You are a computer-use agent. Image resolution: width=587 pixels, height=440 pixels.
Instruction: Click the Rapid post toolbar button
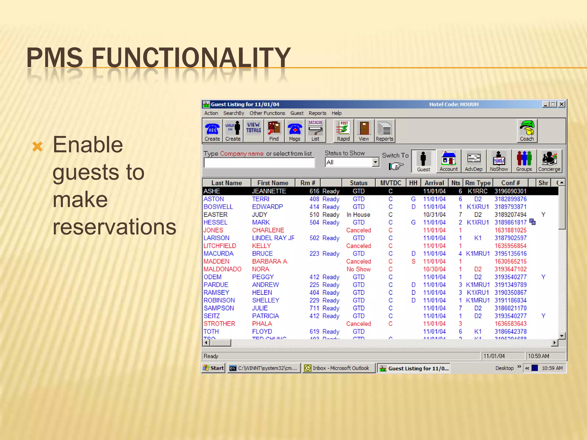343,131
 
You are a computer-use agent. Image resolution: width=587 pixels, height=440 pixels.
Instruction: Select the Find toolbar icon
274,131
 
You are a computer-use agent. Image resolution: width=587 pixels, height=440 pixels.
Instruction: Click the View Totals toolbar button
253,131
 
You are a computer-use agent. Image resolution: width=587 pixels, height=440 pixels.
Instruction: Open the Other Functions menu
267,113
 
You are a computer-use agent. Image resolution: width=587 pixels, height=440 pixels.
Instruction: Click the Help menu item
336,113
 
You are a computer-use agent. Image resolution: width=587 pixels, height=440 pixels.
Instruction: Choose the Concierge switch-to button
549,161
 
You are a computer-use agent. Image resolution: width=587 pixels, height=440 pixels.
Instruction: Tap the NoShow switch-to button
499,161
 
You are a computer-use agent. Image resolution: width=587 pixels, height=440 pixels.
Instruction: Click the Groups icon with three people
524,161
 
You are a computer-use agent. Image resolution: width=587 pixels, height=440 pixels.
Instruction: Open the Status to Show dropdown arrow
375,162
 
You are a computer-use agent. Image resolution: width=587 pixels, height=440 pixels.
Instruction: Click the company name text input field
259,163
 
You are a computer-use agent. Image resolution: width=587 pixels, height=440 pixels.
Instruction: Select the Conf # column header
510,183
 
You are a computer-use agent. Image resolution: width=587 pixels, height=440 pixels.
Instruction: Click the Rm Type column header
478,183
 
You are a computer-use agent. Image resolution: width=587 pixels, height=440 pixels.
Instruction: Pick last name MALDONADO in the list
222,269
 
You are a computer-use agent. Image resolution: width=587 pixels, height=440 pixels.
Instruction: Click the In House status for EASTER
358,215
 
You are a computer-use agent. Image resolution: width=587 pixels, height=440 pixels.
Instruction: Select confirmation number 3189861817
510,222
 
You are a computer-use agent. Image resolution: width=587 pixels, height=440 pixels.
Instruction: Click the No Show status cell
358,269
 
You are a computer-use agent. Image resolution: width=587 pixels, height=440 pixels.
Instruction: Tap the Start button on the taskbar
214,368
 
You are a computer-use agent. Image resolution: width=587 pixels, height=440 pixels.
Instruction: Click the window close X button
561,104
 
